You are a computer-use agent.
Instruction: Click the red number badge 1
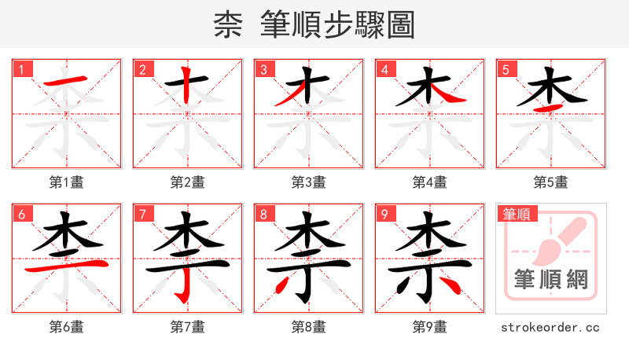tap(21, 69)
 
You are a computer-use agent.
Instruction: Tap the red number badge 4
tap(384, 69)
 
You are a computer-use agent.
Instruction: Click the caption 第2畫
tap(187, 182)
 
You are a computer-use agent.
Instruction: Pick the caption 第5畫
tap(550, 182)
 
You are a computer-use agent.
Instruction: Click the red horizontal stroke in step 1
tap(64, 81)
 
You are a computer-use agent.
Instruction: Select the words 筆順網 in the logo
tap(550, 279)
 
